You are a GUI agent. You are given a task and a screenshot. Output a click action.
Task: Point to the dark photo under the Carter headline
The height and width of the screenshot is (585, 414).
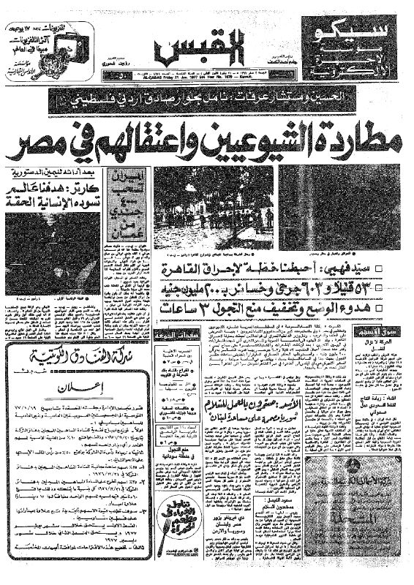coord(50,249)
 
